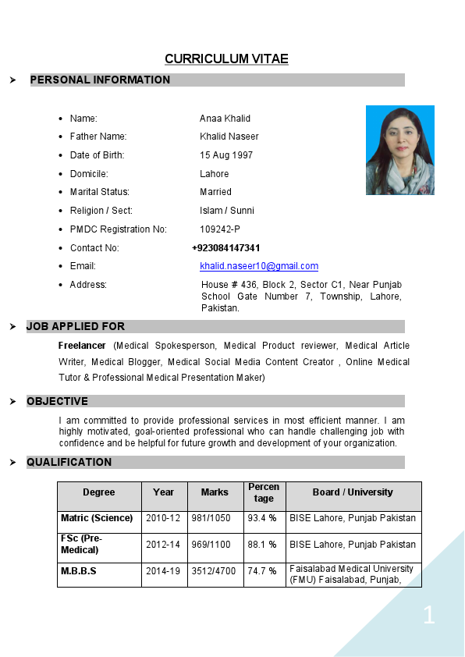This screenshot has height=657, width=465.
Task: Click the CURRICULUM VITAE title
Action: coord(226,59)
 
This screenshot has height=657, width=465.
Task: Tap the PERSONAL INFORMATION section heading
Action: coord(100,80)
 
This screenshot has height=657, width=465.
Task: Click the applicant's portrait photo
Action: coord(399,150)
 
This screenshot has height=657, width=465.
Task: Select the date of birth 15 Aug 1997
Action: coord(226,155)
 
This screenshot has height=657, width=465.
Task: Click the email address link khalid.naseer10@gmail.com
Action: coord(259,266)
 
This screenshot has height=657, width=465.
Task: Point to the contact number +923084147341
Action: coord(226,248)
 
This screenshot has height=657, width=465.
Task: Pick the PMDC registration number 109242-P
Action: coord(220,229)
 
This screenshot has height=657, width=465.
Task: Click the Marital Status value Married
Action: coord(215,192)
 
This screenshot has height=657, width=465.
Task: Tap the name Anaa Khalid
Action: coord(225,119)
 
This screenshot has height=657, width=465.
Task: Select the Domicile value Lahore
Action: coord(215,174)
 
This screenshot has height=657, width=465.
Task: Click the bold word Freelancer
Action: coord(82,346)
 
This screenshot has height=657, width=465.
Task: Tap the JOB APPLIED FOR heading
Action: coord(76,326)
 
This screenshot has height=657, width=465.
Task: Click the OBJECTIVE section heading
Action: coord(58,401)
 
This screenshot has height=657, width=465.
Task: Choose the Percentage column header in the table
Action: coord(264,492)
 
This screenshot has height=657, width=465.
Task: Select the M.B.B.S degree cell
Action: coord(79,571)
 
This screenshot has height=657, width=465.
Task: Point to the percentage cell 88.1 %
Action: coord(262,545)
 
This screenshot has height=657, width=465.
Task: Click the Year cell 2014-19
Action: coord(163,571)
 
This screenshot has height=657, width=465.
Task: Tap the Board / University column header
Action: coord(353,492)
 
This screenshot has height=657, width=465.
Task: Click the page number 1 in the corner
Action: coord(428,615)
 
